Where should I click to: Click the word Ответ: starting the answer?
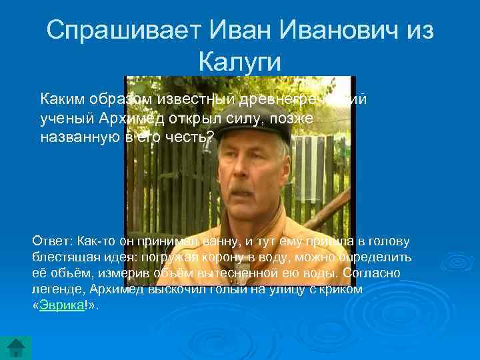53,240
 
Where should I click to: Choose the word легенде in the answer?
57,289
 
